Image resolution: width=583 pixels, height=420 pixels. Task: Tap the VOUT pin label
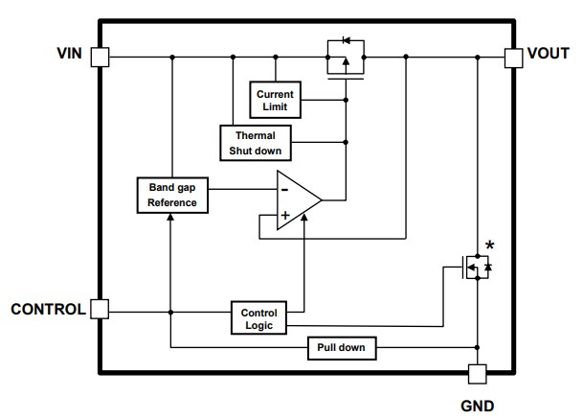pyautogui.click(x=549, y=55)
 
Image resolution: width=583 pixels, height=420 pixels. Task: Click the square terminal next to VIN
pyautogui.click(x=100, y=58)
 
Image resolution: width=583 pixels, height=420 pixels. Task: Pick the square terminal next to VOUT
pyautogui.click(x=513, y=58)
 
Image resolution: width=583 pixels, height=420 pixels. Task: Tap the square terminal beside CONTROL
pyautogui.click(x=100, y=309)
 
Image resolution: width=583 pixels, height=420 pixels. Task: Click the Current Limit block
pyautogui.click(x=276, y=99)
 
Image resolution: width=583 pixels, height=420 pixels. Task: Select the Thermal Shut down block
pyautogui.click(x=255, y=142)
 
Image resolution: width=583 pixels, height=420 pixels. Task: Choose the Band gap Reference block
pyautogui.click(x=171, y=196)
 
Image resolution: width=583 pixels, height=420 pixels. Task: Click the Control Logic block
pyautogui.click(x=258, y=319)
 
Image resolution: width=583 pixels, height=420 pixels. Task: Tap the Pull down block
pyautogui.click(x=342, y=347)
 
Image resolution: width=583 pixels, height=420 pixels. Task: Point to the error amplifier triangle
pyautogui.click(x=296, y=201)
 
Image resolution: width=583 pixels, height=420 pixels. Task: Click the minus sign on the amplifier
pyautogui.click(x=284, y=188)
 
